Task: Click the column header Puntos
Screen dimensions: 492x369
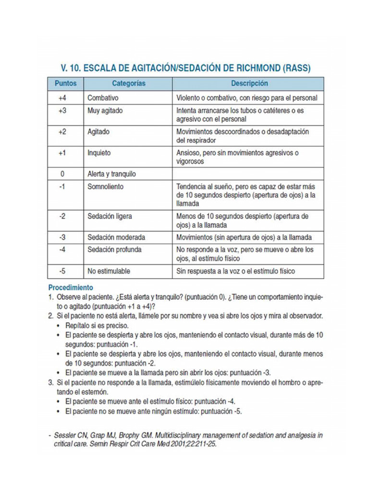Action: pyautogui.click(x=65, y=84)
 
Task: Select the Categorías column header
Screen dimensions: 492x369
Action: pyautogui.click(x=128, y=84)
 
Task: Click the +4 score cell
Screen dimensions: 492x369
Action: pyautogui.click(x=62, y=98)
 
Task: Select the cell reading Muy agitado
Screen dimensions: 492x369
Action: pyautogui.click(x=105, y=111)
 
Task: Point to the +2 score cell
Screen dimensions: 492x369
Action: pyautogui.click(x=62, y=132)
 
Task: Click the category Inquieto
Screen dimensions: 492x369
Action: pyautogui.click(x=99, y=153)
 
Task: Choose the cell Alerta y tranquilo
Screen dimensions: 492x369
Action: pyautogui.click(x=111, y=174)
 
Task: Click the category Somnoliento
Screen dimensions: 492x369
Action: pyautogui.click(x=106, y=186)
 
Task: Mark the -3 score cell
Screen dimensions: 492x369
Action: pyautogui.click(x=62, y=237)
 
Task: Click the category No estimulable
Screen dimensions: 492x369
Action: pyautogui.click(x=109, y=271)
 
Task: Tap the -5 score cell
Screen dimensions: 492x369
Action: pyautogui.click(x=62, y=271)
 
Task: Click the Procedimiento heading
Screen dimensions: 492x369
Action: pyautogui.click(x=70, y=288)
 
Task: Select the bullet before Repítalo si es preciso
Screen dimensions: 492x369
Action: pyautogui.click(x=58, y=325)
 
